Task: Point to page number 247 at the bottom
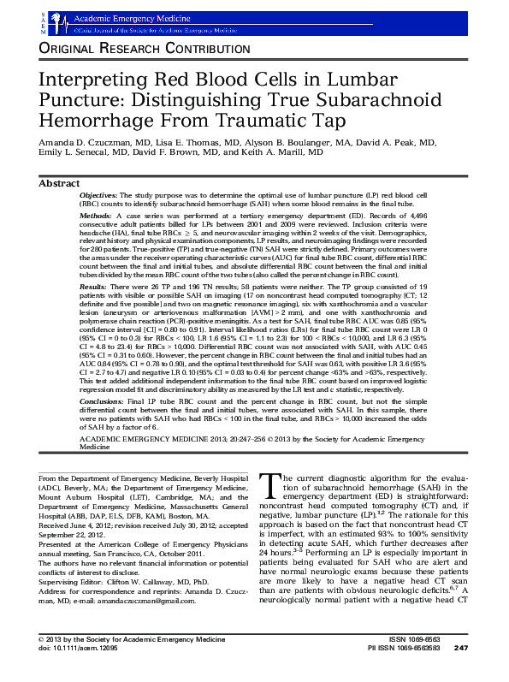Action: (460, 670)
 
